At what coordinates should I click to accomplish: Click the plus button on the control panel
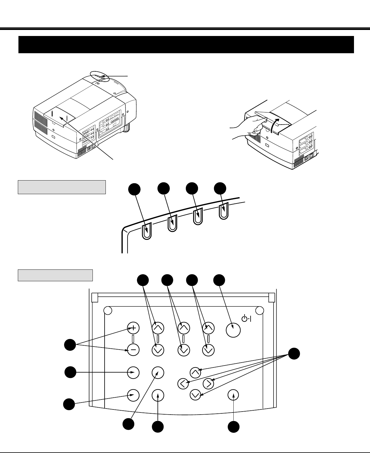pos(133,328)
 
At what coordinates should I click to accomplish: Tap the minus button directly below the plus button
pos(133,350)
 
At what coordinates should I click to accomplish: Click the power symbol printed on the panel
pos(245,318)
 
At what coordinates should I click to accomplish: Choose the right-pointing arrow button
pos(208,383)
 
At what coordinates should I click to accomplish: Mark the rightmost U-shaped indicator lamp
pos(224,211)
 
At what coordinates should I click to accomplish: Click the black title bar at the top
pos(186,44)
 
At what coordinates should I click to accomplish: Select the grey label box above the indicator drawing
pos(62,187)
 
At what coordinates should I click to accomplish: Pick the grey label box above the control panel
pos(55,275)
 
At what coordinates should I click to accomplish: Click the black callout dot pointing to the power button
pos(219,280)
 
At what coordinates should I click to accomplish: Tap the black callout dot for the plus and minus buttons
pos(70,345)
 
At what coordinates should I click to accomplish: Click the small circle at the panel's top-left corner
pos(108,310)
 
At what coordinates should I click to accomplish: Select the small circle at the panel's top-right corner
pos(259,310)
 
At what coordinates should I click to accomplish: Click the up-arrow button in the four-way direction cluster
pos(196,372)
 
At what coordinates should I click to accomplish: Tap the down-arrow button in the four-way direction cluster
pos(196,395)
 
